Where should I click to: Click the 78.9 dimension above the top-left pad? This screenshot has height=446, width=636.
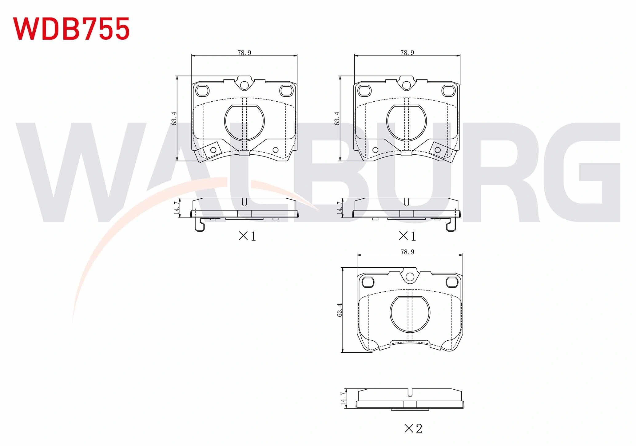click(244, 53)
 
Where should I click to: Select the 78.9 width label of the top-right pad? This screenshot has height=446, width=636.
click(407, 53)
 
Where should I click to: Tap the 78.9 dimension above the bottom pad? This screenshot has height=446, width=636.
click(407, 252)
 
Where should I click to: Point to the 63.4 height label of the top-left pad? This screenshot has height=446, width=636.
click(174, 118)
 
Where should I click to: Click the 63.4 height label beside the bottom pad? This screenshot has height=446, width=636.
click(340, 310)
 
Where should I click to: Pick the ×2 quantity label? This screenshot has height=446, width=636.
click(413, 428)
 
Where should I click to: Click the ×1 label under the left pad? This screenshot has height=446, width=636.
click(247, 236)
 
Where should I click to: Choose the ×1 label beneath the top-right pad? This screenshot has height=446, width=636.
click(407, 236)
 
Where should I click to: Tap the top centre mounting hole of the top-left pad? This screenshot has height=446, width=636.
click(244, 85)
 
